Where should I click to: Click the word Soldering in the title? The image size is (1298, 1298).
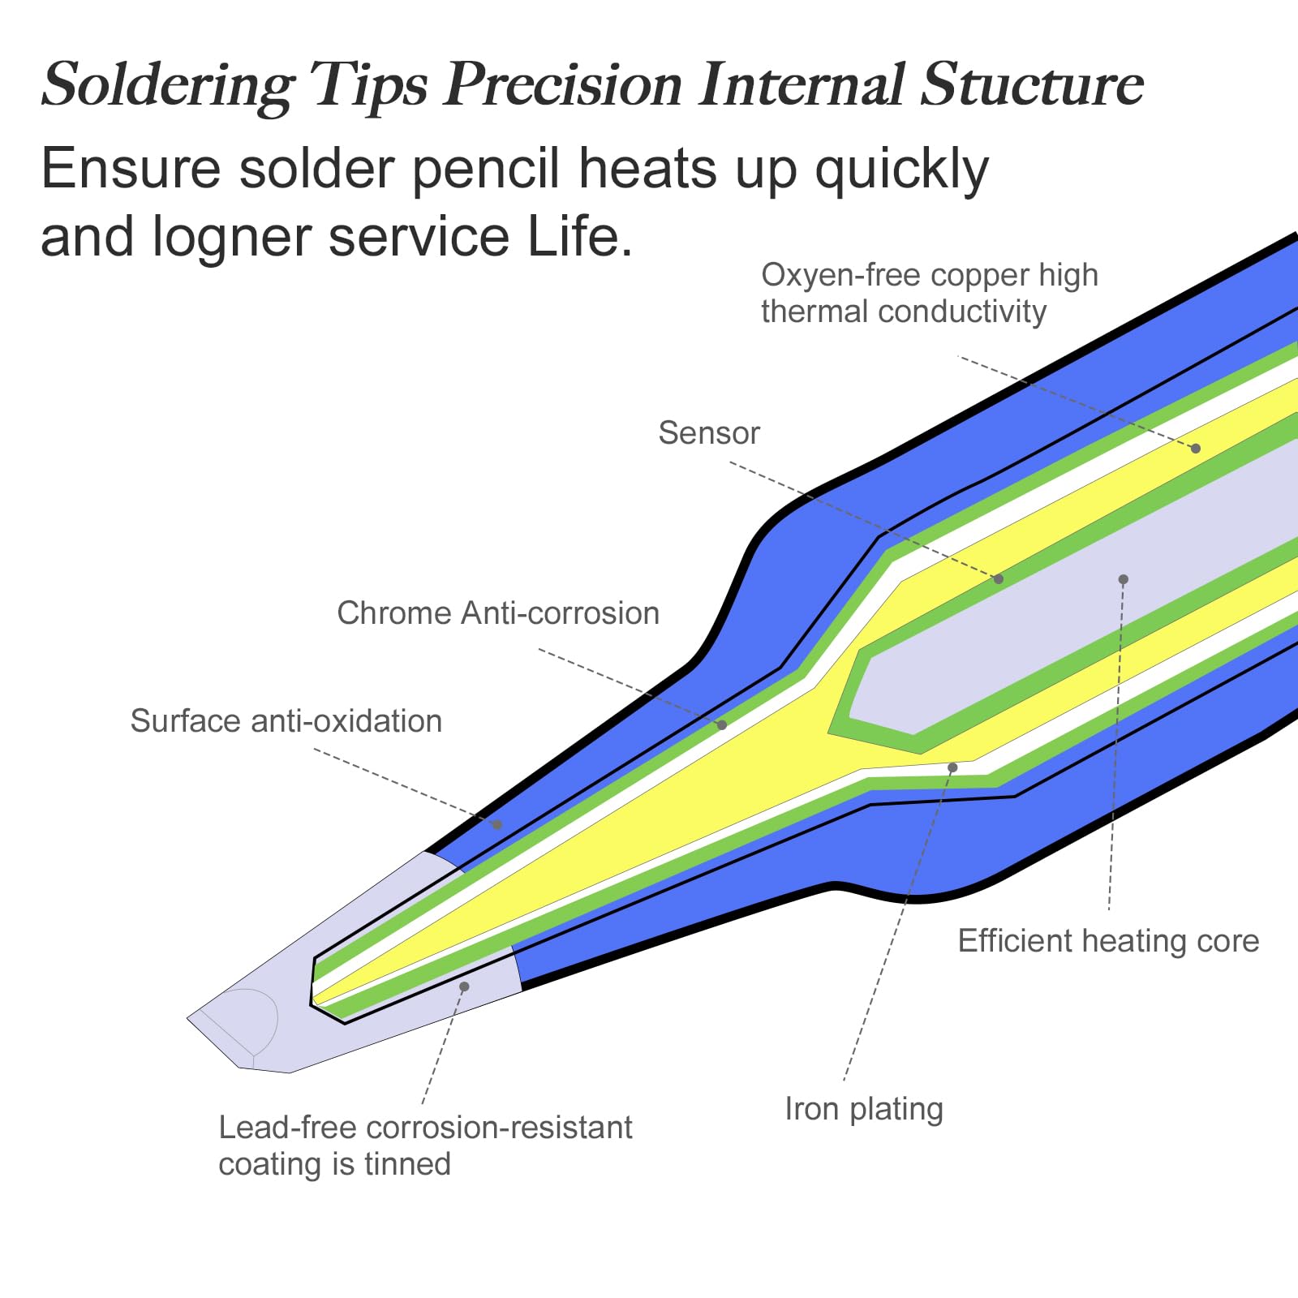(x=168, y=85)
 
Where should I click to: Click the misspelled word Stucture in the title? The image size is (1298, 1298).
(x=1032, y=84)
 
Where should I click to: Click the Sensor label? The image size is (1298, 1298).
(x=708, y=433)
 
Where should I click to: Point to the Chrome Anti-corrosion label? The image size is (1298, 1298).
(x=498, y=613)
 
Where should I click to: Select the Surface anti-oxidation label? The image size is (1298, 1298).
(x=286, y=721)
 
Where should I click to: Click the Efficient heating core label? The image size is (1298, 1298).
(x=1108, y=941)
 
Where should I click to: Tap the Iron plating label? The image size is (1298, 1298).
(x=864, y=1109)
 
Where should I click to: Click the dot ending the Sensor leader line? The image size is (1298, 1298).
(x=999, y=579)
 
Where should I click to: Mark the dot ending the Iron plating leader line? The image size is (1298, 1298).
(x=952, y=767)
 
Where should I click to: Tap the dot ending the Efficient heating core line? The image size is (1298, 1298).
(x=1123, y=579)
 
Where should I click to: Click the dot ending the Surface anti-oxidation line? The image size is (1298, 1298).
(x=498, y=824)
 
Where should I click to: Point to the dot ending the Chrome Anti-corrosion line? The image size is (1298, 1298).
(x=722, y=724)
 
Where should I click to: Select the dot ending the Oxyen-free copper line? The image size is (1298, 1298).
(x=1195, y=449)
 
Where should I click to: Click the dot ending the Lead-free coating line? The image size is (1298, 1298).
(x=464, y=986)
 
